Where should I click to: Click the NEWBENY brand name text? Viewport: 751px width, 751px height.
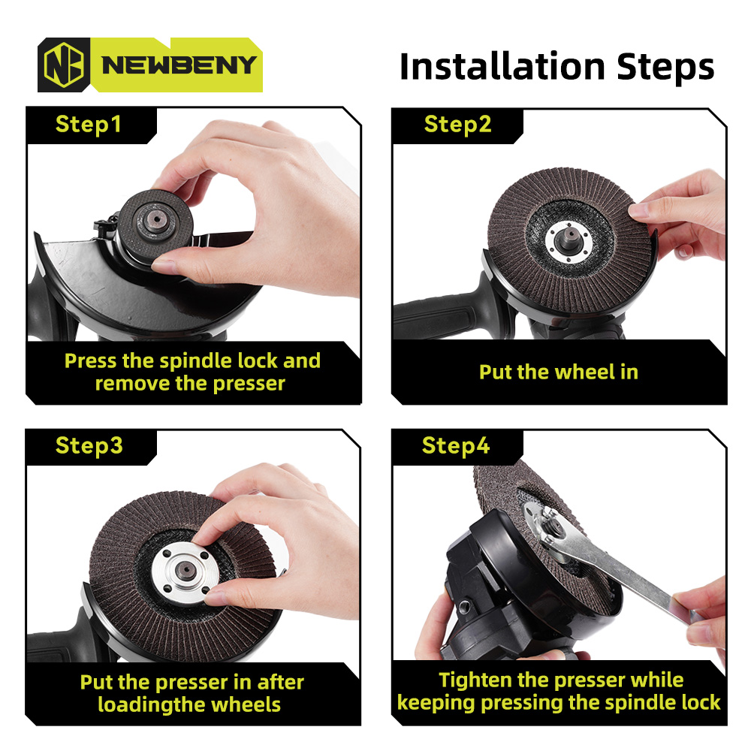[179, 65]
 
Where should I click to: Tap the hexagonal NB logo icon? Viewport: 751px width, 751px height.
[64, 65]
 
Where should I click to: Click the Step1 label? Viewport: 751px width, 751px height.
[88, 125]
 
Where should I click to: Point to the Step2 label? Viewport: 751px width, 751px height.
[458, 125]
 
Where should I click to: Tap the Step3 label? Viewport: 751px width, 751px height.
[89, 446]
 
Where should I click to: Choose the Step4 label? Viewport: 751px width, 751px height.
[456, 446]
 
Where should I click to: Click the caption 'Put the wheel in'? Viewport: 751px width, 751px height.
[559, 372]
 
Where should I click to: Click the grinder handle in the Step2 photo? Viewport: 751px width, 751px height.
[436, 316]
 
